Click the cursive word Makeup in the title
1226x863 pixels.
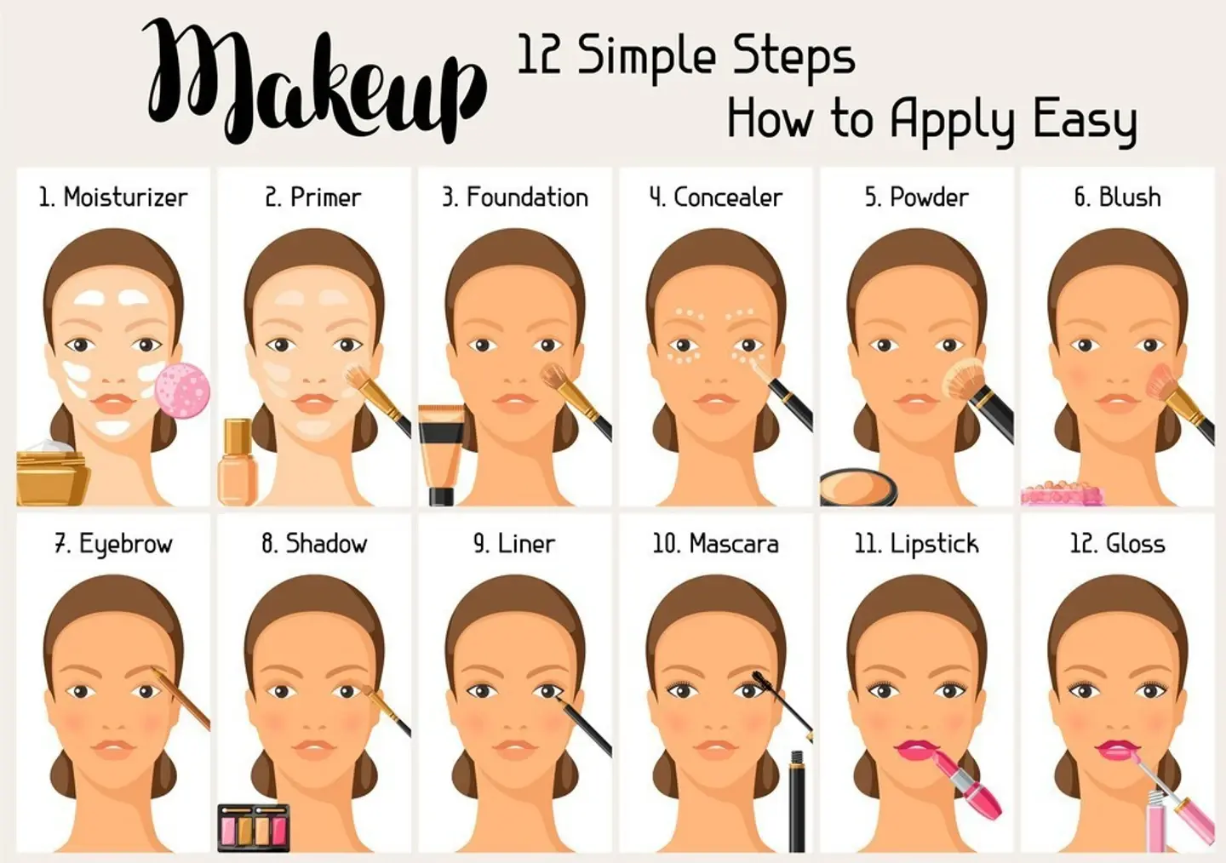tap(315, 82)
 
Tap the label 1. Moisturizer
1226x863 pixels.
tap(113, 197)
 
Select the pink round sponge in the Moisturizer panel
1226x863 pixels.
tap(182, 391)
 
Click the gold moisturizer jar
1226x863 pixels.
tap(52, 474)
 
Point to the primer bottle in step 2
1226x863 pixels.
tap(237, 462)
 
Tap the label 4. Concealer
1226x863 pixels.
tap(716, 197)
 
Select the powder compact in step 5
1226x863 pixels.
tap(858, 487)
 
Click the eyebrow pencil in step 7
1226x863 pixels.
tap(180, 699)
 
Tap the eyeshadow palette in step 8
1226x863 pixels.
tap(254, 828)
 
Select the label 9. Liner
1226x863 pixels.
tap(514, 543)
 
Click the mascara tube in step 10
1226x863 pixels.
tap(798, 801)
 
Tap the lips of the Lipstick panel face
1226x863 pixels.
tap(916, 749)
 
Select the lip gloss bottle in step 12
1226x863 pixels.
tap(1157, 820)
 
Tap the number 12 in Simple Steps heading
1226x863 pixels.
tap(539, 54)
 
